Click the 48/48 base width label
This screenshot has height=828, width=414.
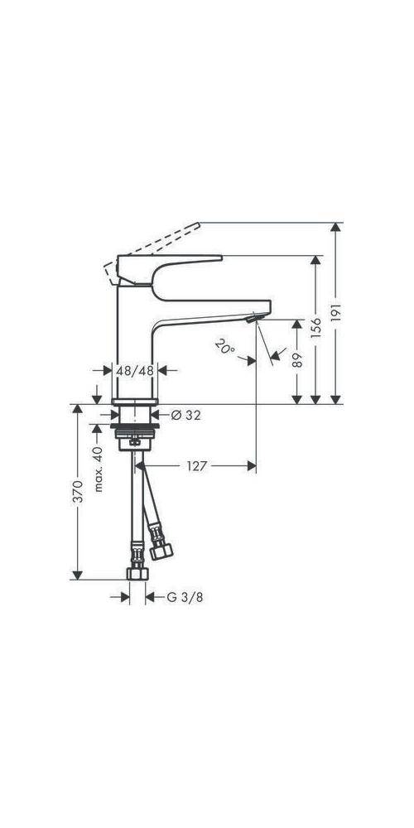click(135, 372)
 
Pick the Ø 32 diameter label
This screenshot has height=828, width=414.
click(186, 415)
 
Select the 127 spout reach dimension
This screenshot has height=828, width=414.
click(198, 466)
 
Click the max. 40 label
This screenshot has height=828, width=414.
click(98, 469)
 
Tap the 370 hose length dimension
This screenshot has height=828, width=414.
click(78, 494)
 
